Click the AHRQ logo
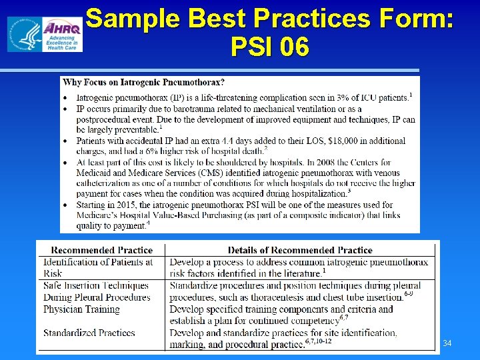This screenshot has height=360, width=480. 45,34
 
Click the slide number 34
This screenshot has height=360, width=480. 447,343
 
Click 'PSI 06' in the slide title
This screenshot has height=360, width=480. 270,47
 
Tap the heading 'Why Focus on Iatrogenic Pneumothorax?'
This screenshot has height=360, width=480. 143,83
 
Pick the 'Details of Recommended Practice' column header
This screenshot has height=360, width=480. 300,250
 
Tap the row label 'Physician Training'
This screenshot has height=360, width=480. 81,309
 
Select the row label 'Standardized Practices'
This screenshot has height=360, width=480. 89,332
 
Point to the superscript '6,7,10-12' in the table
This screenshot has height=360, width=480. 317,341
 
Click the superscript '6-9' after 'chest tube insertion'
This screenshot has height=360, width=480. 413,293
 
